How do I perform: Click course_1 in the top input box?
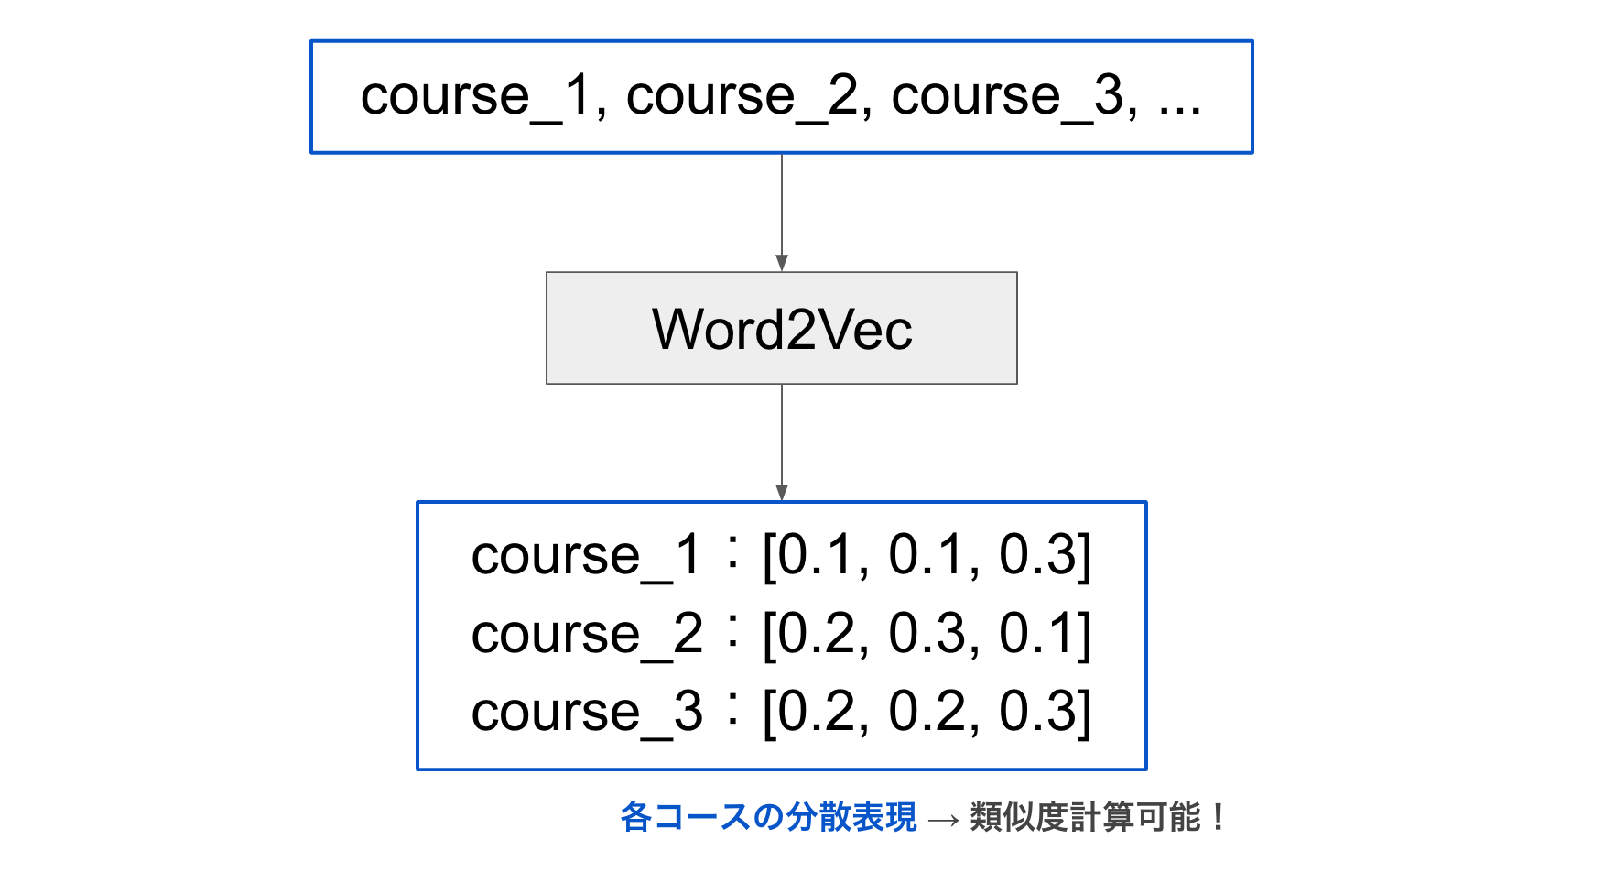[476, 97]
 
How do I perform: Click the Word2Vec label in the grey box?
[782, 330]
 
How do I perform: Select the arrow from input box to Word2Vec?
[782, 213]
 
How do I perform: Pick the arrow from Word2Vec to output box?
[782, 442]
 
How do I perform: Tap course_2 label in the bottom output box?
[587, 635]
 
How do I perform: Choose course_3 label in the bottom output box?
[587, 713]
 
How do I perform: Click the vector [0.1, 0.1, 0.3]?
[927, 555]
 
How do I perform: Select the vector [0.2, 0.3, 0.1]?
[927, 634]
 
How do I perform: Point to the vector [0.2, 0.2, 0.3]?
[927, 712]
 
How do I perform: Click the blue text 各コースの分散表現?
[768, 817]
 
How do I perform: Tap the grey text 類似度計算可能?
[1085, 817]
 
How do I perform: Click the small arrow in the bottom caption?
[943, 819]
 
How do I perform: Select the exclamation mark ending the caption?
[1218, 816]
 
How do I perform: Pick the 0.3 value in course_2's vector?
[926, 634]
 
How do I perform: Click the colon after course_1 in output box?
[732, 552]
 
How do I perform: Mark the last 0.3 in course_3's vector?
[1035, 712]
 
